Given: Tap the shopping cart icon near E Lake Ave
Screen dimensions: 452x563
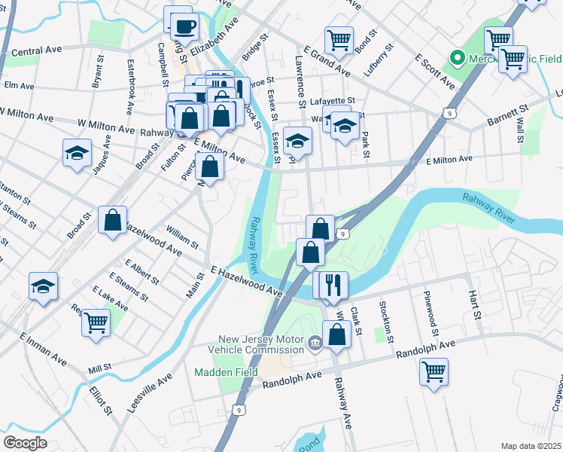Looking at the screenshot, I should (x=96, y=322).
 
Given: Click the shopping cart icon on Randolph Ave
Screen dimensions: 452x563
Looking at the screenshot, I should (x=434, y=371).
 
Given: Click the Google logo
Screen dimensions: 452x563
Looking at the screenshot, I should (x=25, y=443).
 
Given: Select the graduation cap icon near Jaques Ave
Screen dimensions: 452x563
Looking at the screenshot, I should (x=77, y=153).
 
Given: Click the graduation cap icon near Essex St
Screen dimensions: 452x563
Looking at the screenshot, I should (x=298, y=140).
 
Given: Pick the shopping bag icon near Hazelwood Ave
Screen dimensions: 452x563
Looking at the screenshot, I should (x=113, y=221).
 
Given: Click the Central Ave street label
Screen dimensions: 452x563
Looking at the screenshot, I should (x=37, y=51).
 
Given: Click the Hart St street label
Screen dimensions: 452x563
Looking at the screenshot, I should (x=475, y=304).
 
